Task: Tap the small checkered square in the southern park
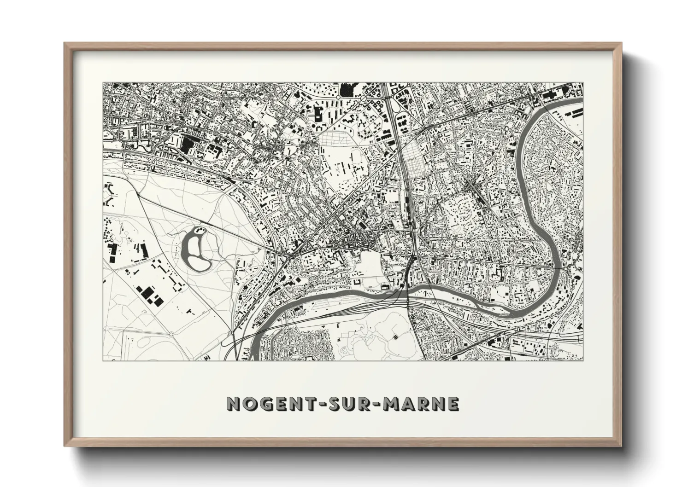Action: (x=396, y=337)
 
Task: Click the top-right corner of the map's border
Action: (x=583, y=83)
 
